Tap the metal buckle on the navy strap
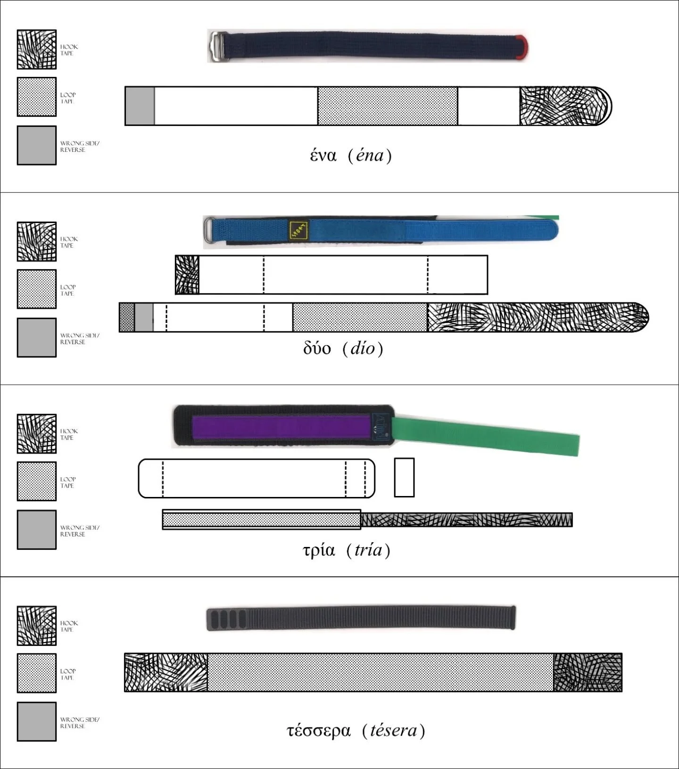click(x=218, y=46)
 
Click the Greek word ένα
click(x=323, y=155)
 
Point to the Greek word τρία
click(x=319, y=550)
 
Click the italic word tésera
click(x=394, y=730)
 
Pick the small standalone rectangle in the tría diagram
click(x=404, y=477)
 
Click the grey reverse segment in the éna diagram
click(x=140, y=106)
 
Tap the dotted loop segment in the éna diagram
click(x=387, y=106)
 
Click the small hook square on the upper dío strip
click(x=187, y=275)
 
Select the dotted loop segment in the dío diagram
click(x=360, y=317)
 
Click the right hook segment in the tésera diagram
click(x=588, y=672)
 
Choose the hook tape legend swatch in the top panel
click(x=37, y=50)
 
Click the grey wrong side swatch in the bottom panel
click(x=37, y=721)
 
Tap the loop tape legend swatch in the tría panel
click(x=37, y=481)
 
